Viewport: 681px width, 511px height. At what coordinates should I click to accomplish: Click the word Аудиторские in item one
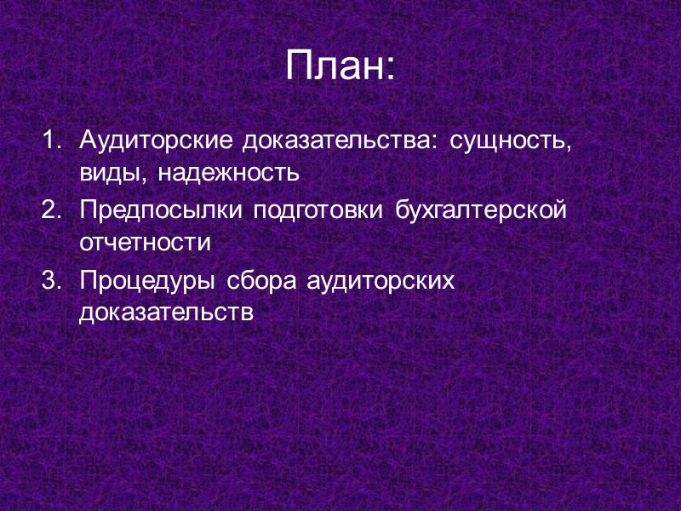[x=156, y=140]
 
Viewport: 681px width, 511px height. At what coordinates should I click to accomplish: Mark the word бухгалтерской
[x=481, y=211]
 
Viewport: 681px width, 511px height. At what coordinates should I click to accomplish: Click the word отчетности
[x=145, y=244]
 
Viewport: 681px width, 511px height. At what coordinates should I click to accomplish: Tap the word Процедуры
[x=145, y=281]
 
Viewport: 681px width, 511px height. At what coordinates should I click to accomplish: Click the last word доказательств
[x=167, y=314]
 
